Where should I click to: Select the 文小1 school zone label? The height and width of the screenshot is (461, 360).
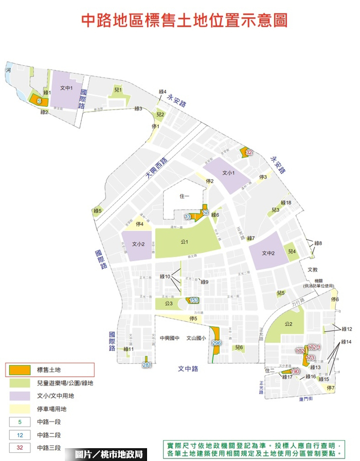[x=228, y=173]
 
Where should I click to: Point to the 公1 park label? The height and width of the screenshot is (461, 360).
[x=184, y=242]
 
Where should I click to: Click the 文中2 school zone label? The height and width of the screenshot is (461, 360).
[x=268, y=253]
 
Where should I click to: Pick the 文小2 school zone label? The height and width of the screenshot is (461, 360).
[x=138, y=244]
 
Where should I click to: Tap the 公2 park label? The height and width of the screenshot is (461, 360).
[x=287, y=324]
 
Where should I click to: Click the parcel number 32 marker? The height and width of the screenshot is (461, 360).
[x=249, y=153]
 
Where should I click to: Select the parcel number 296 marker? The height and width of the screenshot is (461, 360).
[x=216, y=343]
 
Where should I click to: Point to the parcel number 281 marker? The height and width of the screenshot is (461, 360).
[x=147, y=365]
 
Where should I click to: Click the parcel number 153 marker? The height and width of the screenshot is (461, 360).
[x=194, y=300]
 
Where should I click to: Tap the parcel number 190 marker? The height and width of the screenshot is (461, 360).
[x=295, y=372]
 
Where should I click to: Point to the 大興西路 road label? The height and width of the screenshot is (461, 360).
[x=156, y=168]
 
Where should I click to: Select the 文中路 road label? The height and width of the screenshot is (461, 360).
[x=188, y=368]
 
